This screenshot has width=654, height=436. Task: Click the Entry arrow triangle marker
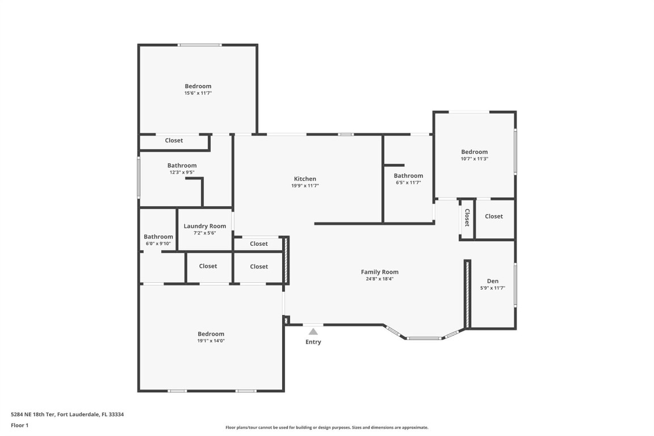click(x=313, y=332)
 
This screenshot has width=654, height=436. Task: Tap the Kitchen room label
click(x=305, y=179)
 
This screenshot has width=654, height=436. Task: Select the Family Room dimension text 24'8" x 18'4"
click(x=380, y=279)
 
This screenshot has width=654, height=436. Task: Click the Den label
click(x=493, y=281)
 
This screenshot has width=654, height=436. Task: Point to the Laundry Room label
click(x=205, y=226)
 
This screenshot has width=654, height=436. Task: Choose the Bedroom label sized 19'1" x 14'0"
click(x=211, y=334)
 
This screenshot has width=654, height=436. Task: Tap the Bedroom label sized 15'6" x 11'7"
click(x=198, y=86)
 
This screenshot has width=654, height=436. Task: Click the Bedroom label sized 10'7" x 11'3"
click(x=474, y=152)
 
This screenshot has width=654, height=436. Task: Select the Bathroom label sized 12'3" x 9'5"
click(x=182, y=166)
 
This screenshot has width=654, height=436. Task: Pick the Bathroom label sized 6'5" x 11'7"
click(x=408, y=176)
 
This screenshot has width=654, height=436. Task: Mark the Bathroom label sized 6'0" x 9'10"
click(x=158, y=237)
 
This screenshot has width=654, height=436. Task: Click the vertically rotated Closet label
click(x=467, y=218)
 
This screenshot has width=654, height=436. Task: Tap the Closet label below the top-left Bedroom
click(x=174, y=140)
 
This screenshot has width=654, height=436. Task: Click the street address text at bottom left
click(x=68, y=414)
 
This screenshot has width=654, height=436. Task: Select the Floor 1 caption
click(x=20, y=425)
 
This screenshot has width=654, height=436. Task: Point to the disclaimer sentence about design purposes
click(x=327, y=427)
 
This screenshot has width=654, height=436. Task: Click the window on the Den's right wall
click(x=515, y=284)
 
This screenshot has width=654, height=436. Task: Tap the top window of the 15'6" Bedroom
click(x=199, y=45)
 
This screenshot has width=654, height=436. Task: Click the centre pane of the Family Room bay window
click(x=424, y=338)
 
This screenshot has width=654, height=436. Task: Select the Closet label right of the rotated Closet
click(x=494, y=216)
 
